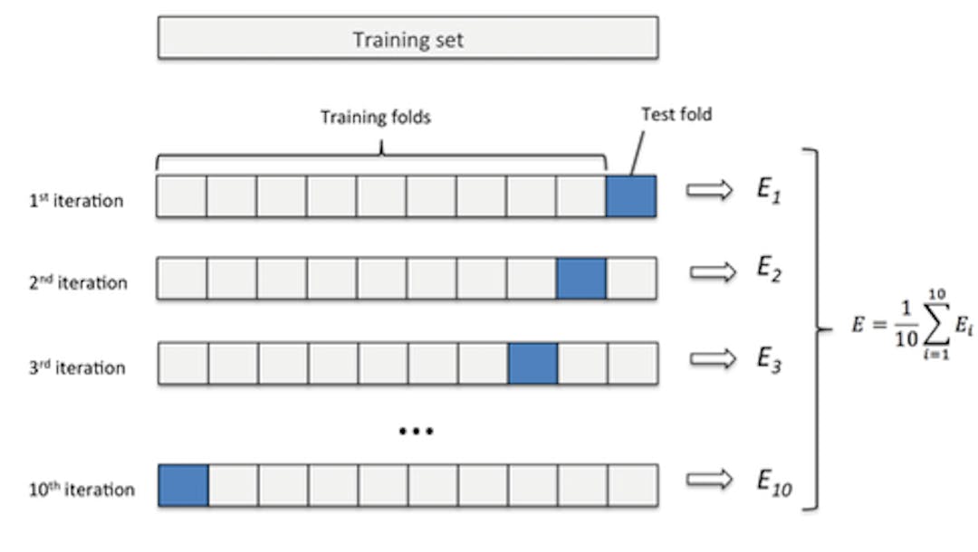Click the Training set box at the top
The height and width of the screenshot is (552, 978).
pos(407,38)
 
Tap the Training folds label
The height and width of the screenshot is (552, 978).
pos(376,117)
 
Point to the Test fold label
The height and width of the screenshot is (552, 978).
pos(676,114)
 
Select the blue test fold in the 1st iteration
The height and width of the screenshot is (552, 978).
pos(631,196)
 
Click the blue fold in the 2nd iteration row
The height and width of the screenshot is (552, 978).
pos(581,279)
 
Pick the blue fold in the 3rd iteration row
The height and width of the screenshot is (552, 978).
pos(532,363)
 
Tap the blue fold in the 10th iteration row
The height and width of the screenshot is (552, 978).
pos(183,485)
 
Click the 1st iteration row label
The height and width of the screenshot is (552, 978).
pos(76,201)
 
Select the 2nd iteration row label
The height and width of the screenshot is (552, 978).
pos(78,283)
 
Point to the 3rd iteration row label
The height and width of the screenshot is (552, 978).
pos(77,367)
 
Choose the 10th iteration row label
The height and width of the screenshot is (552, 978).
pos(81,490)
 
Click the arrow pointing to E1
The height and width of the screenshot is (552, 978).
pos(709,189)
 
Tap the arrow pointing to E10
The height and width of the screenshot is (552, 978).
pos(709,479)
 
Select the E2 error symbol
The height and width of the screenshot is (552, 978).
pos(769,270)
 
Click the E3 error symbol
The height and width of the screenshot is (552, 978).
pos(769,359)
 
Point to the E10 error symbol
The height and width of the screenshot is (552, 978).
pos(774,483)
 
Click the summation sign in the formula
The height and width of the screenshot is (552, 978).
pos(937,323)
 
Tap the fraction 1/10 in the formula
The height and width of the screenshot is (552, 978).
pos(906,324)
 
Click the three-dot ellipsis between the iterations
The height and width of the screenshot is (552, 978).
pos(416,431)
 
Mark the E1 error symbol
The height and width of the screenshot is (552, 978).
pos(768,190)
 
